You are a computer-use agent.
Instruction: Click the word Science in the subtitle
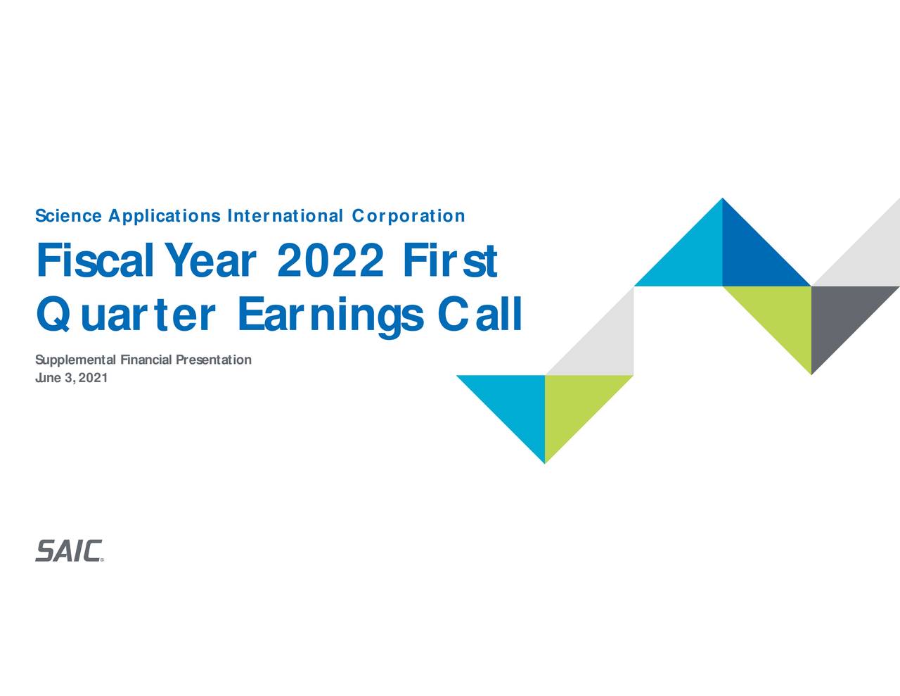pos(68,216)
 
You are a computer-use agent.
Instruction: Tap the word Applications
pos(165,216)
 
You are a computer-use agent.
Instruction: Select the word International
pos(285,216)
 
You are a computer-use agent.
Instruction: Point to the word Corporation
pos(409,216)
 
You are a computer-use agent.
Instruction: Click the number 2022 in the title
pos(330,261)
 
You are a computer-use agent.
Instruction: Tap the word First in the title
pos(450,261)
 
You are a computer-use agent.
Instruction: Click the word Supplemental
pos(76,360)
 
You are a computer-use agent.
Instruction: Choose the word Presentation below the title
pos(213,360)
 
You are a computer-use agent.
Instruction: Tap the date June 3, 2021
pos(71,379)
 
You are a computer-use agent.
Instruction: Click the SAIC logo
pos(69,551)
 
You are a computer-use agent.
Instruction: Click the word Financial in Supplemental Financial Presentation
pos(146,360)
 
